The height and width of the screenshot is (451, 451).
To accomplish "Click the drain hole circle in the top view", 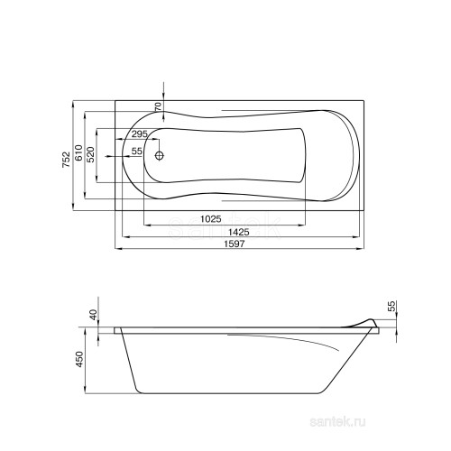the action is click(x=160, y=155).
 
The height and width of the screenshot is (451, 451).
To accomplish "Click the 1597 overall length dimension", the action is click(x=235, y=244).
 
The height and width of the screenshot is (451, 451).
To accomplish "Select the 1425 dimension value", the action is click(x=239, y=232).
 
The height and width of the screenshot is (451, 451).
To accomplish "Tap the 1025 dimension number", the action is click(x=211, y=219).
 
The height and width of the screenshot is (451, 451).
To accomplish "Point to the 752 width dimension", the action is click(x=66, y=160).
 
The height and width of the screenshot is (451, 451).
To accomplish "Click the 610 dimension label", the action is click(x=78, y=153).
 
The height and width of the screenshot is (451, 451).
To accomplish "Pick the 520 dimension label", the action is click(x=91, y=155).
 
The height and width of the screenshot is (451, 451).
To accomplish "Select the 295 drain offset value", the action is click(x=140, y=133).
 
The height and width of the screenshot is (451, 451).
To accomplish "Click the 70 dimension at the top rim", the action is click(x=158, y=107).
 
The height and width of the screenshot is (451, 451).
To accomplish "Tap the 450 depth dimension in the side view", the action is click(x=78, y=359).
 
